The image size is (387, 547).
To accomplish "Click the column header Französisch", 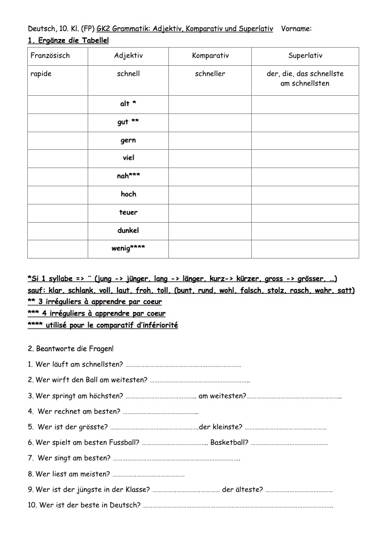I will pyautogui.click(x=50, y=56).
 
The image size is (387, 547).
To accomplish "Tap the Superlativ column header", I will pyautogui.click(x=305, y=56).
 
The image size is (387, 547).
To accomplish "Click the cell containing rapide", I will pyautogui.click(x=41, y=74).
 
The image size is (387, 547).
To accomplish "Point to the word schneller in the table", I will pyautogui.click(x=210, y=74).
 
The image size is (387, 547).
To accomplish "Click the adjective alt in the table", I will pyautogui.click(x=125, y=104).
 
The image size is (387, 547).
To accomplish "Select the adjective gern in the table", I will pyautogui.click(x=128, y=140).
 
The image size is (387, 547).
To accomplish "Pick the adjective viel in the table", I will pyautogui.click(x=128, y=158).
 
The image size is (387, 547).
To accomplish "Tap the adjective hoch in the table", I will pyautogui.click(x=128, y=194).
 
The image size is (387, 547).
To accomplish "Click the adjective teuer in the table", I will pyautogui.click(x=128, y=212).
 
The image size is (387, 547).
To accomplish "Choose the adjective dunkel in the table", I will pyautogui.click(x=128, y=231).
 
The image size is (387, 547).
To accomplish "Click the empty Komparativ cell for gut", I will pyautogui.click(x=210, y=123).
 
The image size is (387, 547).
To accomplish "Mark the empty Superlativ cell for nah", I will pyautogui.click(x=305, y=176).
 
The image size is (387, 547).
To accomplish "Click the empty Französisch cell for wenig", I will pyautogui.click(x=58, y=249).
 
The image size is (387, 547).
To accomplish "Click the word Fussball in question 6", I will pyautogui.click(x=125, y=443).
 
